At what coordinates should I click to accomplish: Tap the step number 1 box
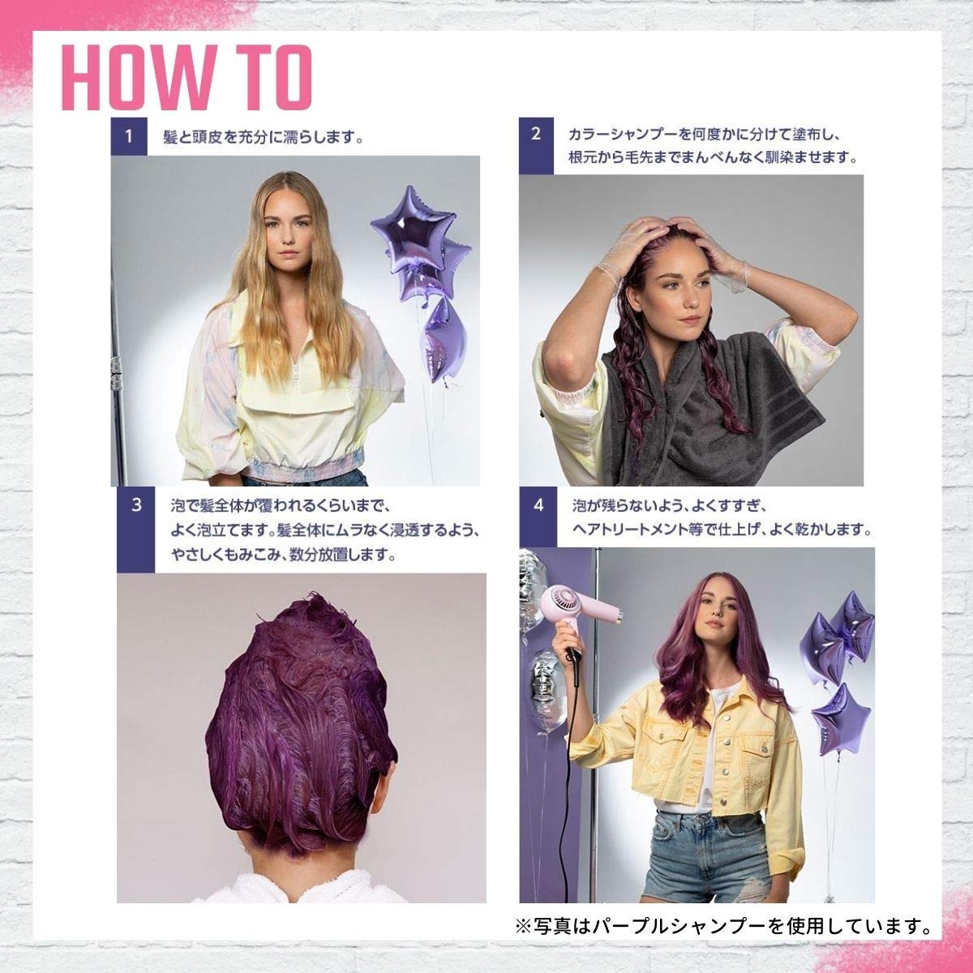click(x=129, y=136)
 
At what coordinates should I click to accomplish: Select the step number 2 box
click(x=536, y=146)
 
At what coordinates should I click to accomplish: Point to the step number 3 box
click(x=136, y=529)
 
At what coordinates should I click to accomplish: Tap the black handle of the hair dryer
click(x=574, y=656)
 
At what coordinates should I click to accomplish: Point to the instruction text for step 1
click(x=263, y=137)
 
